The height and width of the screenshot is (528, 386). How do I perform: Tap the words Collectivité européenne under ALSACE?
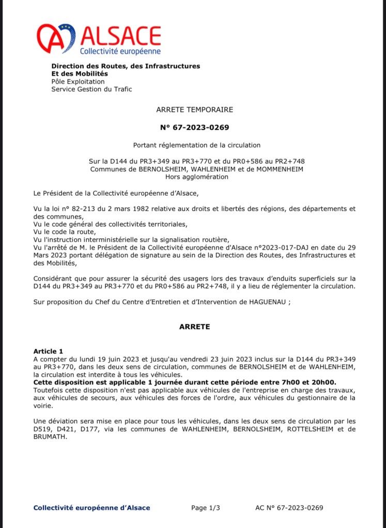(120, 51)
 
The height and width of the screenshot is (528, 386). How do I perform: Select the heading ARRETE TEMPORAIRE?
(195, 109)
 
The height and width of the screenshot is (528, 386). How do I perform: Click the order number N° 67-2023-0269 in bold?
(195, 127)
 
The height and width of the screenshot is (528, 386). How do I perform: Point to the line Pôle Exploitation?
(78, 82)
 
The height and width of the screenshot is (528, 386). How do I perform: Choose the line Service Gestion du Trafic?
(91, 89)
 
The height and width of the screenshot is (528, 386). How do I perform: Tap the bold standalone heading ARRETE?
(195, 327)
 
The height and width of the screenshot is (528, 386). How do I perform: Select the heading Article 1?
(48, 351)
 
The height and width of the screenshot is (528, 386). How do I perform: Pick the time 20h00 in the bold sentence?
(323, 382)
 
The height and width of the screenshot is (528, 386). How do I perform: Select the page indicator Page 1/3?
(206, 508)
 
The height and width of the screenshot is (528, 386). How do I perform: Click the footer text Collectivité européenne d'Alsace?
(92, 508)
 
